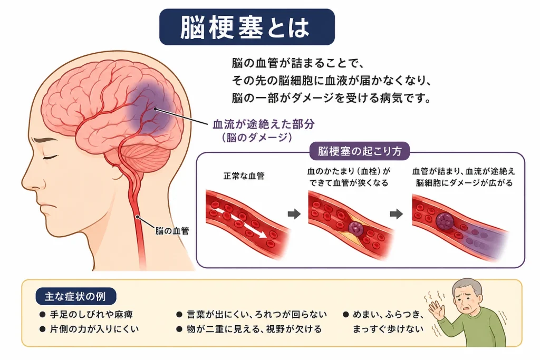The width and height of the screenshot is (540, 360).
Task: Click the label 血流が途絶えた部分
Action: pyautogui.click(x=264, y=124)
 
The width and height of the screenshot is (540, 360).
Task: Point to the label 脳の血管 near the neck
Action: pyautogui.click(x=172, y=230)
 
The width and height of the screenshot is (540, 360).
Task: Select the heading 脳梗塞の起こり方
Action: pyautogui.click(x=360, y=151)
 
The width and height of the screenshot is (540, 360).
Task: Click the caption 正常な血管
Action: pyautogui.click(x=244, y=176)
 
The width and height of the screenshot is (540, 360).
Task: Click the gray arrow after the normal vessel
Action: pyautogui.click(x=294, y=214)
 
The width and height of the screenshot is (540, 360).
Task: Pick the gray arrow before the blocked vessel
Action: pyautogui.click(x=397, y=214)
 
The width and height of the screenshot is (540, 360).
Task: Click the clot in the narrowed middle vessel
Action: pyautogui.click(x=355, y=228)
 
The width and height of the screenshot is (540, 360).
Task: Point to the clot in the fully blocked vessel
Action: pyautogui.click(x=445, y=221)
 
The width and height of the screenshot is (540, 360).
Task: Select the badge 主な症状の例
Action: pyautogui.click(x=75, y=296)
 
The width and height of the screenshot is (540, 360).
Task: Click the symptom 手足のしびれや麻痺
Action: pyautogui.click(x=91, y=314)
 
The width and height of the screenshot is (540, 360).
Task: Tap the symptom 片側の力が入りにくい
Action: pyautogui.click(x=94, y=329)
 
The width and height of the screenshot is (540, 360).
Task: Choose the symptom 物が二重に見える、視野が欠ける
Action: pyautogui.click(x=254, y=329)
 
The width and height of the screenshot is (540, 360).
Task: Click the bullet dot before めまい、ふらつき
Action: pyautogui.click(x=346, y=314)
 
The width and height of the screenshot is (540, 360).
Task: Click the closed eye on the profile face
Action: pyautogui.click(x=50, y=157)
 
